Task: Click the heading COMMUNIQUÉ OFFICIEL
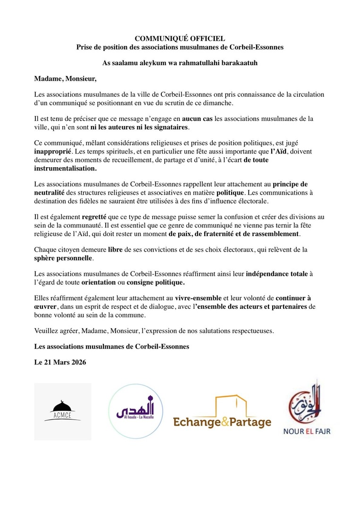click(180, 39)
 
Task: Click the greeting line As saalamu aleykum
click(180, 62)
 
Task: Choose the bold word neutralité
click(51, 193)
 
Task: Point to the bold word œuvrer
click(46, 307)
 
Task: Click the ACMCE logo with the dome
click(63, 411)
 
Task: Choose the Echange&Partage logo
click(222, 413)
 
